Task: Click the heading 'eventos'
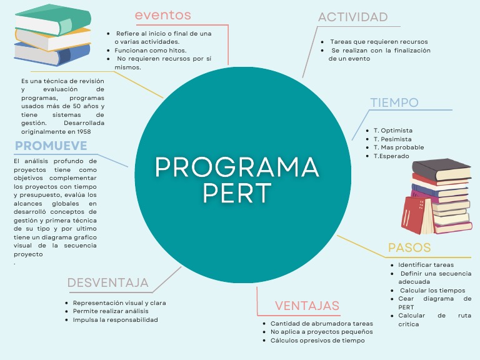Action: (x=162, y=15)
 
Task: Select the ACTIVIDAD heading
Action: (x=352, y=17)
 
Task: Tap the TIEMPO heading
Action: (x=394, y=102)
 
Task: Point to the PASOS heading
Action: (x=409, y=247)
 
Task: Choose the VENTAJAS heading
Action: (x=307, y=306)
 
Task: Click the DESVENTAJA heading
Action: (x=108, y=282)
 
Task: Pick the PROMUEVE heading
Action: (x=51, y=146)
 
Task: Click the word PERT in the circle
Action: (x=237, y=192)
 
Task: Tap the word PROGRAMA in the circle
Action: (x=237, y=166)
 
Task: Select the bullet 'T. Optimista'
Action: (x=392, y=131)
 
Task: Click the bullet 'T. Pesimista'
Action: (x=392, y=139)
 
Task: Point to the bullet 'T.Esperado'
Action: (x=391, y=156)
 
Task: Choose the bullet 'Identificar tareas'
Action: (x=426, y=265)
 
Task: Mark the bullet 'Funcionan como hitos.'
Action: (x=151, y=50)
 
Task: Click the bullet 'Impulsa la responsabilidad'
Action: (x=115, y=319)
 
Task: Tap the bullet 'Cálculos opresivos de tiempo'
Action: (x=317, y=341)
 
